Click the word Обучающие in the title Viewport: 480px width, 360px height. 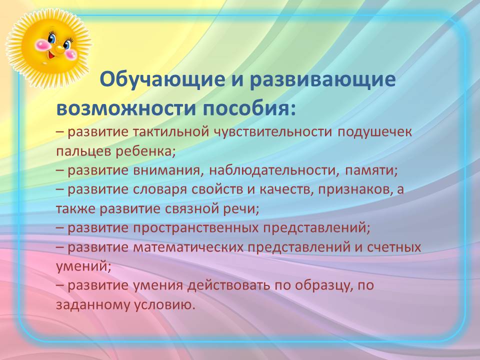tap(162, 80)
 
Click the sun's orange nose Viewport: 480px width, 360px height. tap(59, 48)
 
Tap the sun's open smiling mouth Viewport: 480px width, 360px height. tap(51, 55)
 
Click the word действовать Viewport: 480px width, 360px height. tap(229, 285)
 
